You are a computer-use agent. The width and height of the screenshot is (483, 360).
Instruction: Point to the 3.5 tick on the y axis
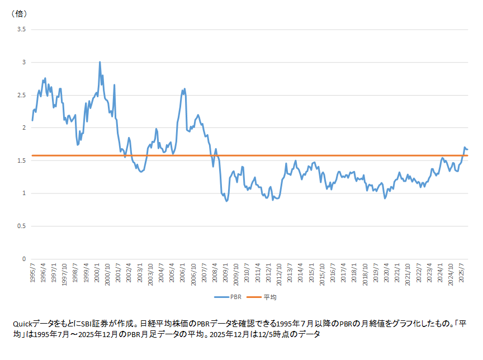22,29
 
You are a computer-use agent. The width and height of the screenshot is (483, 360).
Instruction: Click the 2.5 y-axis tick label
22,95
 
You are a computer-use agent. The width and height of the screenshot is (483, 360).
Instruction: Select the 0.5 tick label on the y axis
22,226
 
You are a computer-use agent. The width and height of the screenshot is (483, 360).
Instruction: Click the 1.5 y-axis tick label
22,161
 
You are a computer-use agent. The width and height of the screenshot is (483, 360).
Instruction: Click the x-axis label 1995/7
32,273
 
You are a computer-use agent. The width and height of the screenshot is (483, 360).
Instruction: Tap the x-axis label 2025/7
461,273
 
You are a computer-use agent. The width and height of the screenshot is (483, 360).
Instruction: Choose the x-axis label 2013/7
290,273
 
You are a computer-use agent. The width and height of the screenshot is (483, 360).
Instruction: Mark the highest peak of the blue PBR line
100,62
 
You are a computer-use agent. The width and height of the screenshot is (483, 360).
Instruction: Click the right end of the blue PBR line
467,149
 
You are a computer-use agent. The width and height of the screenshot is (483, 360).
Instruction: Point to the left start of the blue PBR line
32,120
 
